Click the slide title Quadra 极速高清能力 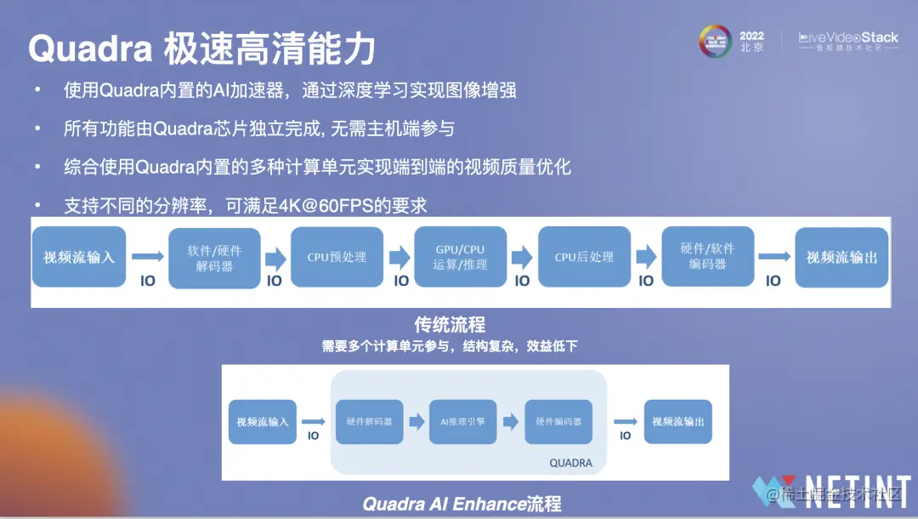tap(202, 49)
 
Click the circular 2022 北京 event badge tap(716, 42)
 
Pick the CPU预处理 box tap(337, 257)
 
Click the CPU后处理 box tap(584, 257)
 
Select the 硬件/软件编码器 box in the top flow tap(707, 257)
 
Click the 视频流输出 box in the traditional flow tap(841, 257)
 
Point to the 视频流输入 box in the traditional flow tap(79, 257)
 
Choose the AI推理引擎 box tap(462, 421)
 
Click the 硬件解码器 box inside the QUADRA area tap(369, 421)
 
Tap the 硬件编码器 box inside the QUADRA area tap(558, 421)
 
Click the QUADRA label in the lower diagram tap(570, 464)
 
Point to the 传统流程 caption tap(450, 324)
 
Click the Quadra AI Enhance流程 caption tap(462, 503)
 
